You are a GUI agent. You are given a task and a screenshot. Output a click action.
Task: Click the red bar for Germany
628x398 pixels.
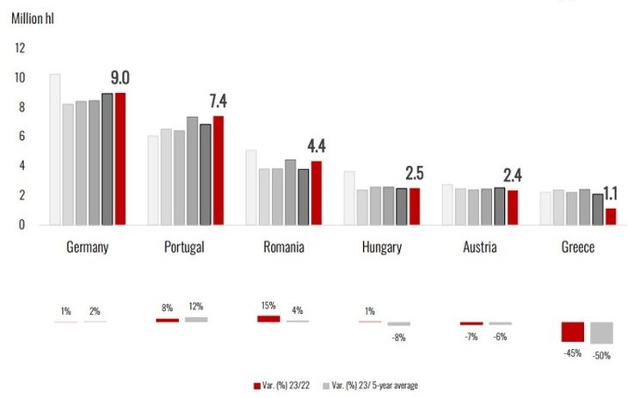tap(120, 158)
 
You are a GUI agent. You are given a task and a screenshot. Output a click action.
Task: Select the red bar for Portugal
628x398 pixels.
tap(219, 170)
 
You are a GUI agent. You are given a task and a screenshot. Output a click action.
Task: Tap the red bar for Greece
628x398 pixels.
tap(611, 216)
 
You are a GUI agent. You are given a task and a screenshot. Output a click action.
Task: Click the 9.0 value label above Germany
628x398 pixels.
tap(119, 78)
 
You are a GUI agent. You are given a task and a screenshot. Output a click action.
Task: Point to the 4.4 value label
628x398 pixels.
tap(316, 144)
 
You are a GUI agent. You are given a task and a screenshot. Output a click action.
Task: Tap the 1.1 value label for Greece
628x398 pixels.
tap(609, 193)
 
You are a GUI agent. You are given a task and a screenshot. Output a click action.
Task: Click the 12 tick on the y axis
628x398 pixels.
tap(20, 48)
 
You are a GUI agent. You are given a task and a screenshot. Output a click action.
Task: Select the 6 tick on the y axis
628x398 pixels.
tap(20, 137)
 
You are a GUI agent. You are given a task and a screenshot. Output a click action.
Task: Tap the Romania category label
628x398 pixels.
tap(284, 248)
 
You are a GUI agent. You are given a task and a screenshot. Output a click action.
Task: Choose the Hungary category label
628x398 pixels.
tap(382, 248)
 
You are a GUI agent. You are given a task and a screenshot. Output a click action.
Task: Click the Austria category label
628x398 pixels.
tap(481, 248)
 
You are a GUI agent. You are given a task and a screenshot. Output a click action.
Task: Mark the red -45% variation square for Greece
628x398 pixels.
tap(573, 332)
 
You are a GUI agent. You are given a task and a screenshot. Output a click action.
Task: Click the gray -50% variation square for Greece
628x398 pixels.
tap(601, 333)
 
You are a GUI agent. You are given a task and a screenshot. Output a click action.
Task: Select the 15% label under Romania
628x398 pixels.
tap(268, 306)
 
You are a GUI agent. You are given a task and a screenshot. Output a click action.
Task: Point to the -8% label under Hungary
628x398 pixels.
tap(398, 337)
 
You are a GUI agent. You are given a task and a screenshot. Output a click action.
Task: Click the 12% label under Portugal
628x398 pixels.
tap(196, 307)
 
